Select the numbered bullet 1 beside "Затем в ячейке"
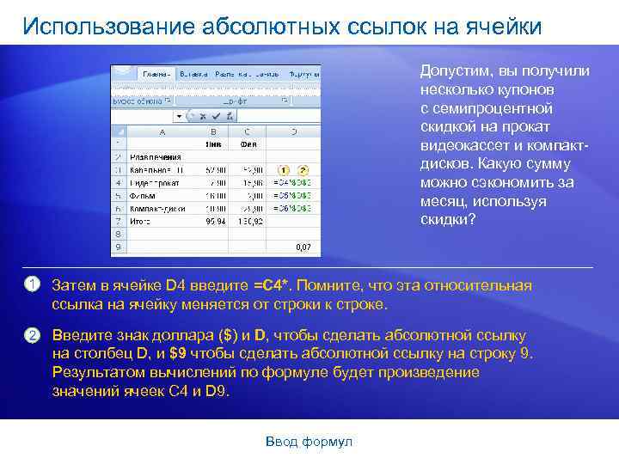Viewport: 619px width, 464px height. point(31,285)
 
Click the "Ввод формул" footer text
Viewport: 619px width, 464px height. point(309,442)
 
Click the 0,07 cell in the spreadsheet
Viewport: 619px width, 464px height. point(303,247)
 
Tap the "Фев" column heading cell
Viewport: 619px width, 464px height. point(248,144)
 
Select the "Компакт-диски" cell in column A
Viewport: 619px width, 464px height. point(156,208)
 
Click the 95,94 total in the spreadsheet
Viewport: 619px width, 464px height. point(216,221)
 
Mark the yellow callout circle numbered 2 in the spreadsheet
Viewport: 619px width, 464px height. point(303,170)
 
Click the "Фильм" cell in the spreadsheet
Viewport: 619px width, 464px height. point(142,196)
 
